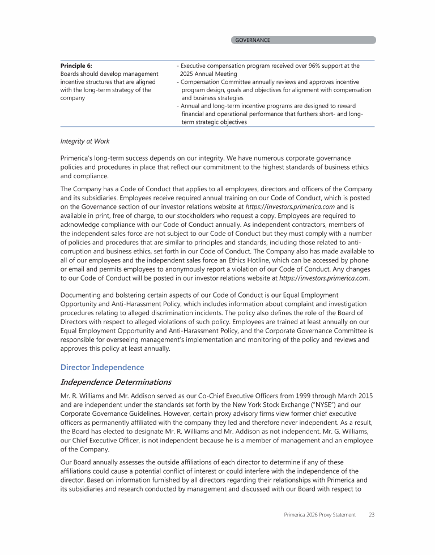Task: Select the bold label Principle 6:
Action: click(76, 66)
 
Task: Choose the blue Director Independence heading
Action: click(102, 367)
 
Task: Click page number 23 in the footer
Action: click(372, 514)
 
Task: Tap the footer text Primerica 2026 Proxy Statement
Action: click(320, 514)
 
